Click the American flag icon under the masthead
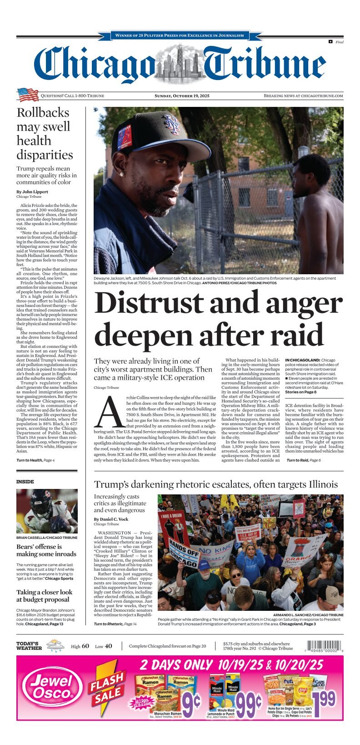28,95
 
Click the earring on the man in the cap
121,173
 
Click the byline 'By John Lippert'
32,192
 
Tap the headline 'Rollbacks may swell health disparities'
45,134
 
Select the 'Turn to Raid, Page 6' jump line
303,460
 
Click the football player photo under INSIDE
47,511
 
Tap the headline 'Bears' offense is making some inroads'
46,550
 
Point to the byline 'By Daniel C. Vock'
111,519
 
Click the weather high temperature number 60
85,646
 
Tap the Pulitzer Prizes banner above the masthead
180,35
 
